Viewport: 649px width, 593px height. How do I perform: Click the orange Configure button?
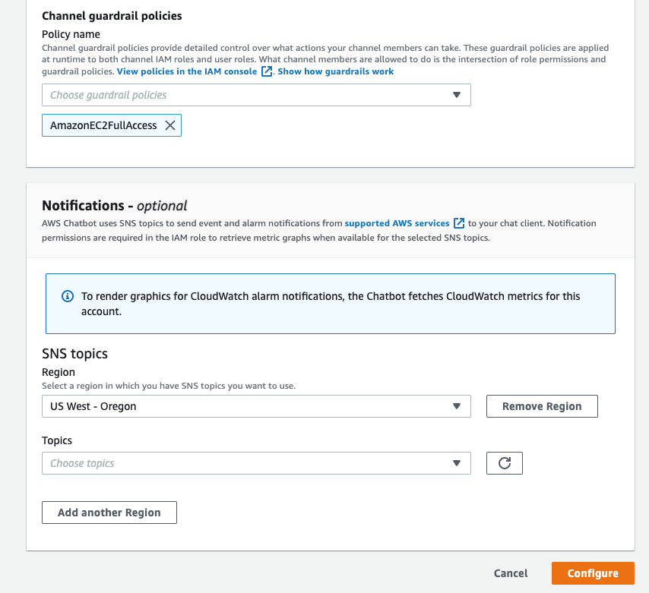[x=592, y=573]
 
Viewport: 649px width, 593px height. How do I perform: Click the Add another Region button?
[x=109, y=513]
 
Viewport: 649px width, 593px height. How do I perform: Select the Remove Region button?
[x=542, y=406]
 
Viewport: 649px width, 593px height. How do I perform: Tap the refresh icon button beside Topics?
[x=504, y=463]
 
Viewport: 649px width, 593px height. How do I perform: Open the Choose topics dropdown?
[x=256, y=463]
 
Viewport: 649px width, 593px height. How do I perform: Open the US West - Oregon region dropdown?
[x=256, y=406]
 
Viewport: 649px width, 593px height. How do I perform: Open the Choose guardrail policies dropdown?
[x=256, y=95]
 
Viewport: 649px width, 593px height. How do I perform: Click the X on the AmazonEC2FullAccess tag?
[x=170, y=125]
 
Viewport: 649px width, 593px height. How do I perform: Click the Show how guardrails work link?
[x=336, y=71]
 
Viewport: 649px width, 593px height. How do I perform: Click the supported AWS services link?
[x=397, y=224]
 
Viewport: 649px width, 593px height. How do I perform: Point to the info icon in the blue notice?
[x=68, y=296]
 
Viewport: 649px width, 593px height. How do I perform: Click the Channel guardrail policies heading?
[x=112, y=15]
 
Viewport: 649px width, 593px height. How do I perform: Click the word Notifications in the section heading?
[x=83, y=206]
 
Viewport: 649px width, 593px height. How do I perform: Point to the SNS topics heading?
[x=74, y=354]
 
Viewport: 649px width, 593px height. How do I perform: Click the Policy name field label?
[x=71, y=34]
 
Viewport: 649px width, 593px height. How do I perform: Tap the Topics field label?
[x=57, y=440]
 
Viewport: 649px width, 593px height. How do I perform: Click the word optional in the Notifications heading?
[x=162, y=206]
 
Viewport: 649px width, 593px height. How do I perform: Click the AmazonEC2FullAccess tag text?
[x=103, y=125]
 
